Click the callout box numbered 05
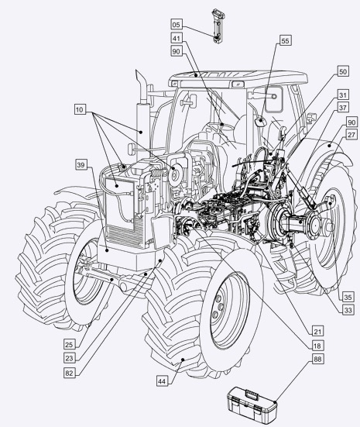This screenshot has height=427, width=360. (x=177, y=25)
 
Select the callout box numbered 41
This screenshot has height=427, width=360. (x=177, y=38)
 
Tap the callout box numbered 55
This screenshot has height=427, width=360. (x=285, y=41)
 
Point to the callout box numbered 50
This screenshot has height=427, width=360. (x=343, y=71)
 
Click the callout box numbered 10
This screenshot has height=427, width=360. (x=80, y=110)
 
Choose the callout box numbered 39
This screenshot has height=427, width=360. (x=81, y=165)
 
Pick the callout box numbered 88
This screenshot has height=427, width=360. (x=317, y=360)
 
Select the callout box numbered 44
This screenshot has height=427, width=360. (x=162, y=381)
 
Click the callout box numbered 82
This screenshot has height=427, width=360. (x=70, y=373)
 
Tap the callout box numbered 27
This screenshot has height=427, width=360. (x=351, y=135)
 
